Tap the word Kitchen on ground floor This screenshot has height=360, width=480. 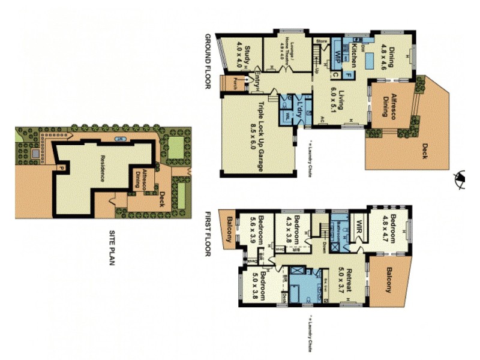[355, 55]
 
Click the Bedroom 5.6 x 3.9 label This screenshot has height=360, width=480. [257, 229]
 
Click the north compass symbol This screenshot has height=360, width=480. [460, 178]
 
